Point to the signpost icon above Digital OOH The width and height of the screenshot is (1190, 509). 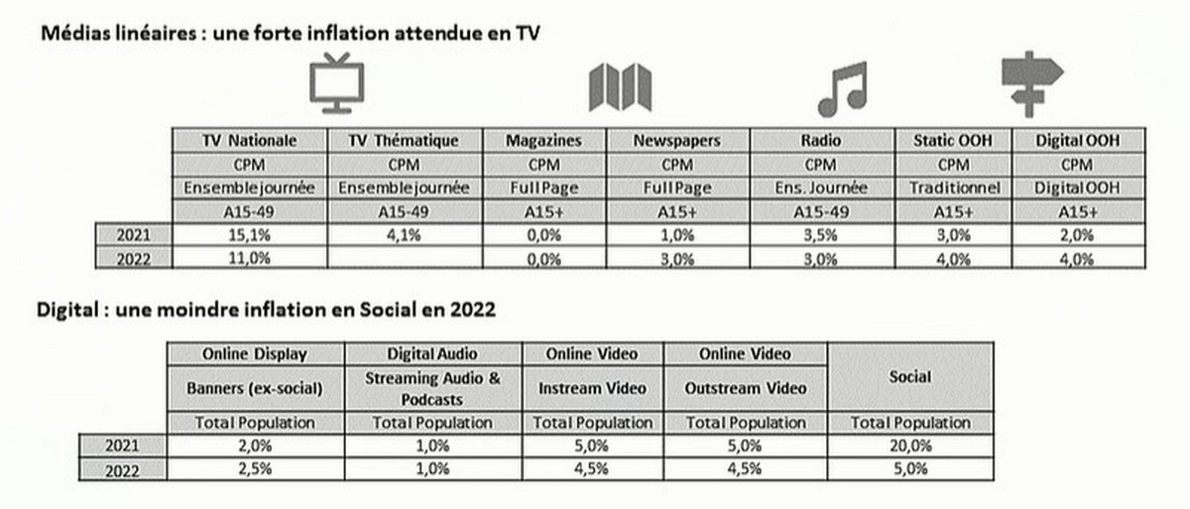click(1031, 83)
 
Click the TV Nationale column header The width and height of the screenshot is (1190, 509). click(249, 141)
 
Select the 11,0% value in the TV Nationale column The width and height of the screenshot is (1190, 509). click(249, 259)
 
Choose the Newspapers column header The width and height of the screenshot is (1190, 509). click(676, 141)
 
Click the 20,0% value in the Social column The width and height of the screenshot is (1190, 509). click(910, 445)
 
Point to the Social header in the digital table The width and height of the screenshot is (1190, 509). click(910, 378)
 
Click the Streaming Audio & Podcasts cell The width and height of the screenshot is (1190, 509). click(431, 388)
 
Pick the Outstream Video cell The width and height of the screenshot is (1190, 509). click(746, 388)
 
